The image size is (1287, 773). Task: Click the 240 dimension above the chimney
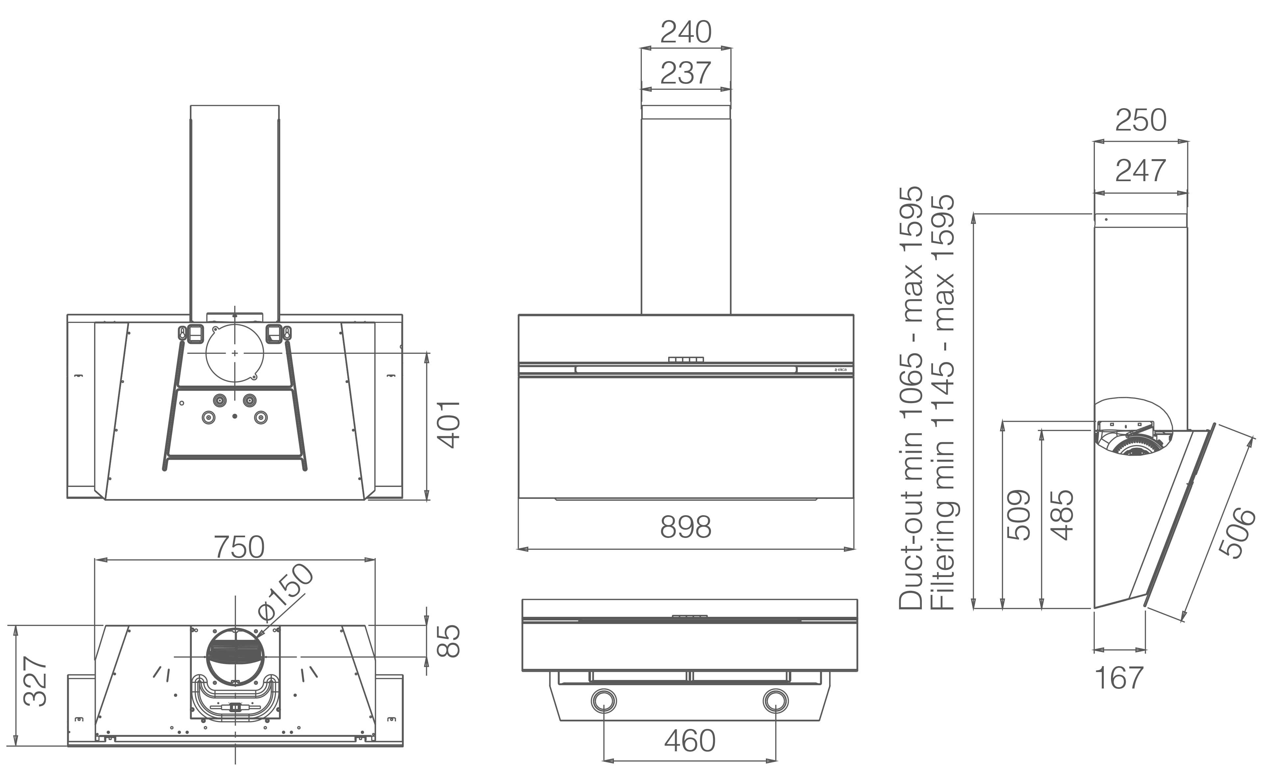click(686, 32)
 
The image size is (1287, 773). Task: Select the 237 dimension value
click(686, 73)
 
